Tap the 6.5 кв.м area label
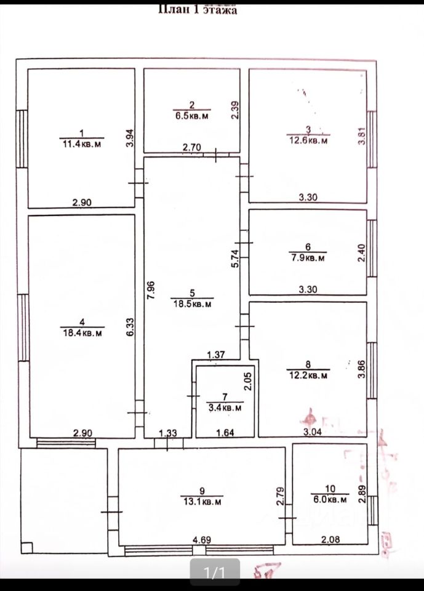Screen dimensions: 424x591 [x=192, y=116]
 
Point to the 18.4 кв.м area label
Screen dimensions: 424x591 [x=82, y=333]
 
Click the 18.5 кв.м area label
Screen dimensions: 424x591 [x=192, y=304]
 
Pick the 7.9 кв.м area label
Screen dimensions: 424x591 [x=308, y=259]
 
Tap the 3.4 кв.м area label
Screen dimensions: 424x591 [x=225, y=408]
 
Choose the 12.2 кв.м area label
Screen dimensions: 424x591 [x=308, y=375]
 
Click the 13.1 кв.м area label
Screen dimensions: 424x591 [x=201, y=502]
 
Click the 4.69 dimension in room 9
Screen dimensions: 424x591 [x=202, y=541]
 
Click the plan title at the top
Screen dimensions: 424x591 [x=198, y=9]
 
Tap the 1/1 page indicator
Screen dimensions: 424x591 [x=215, y=574]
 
